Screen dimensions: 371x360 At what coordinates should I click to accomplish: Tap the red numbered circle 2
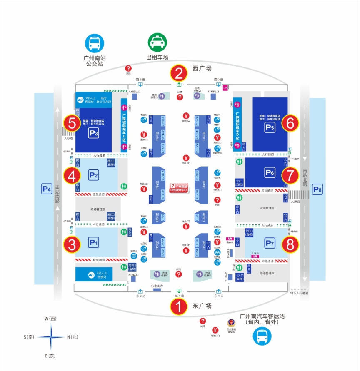pyautogui.click(x=179, y=74)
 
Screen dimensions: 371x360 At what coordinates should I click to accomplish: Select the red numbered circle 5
pyautogui.click(x=72, y=123)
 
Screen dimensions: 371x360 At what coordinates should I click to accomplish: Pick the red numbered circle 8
pyautogui.click(x=290, y=244)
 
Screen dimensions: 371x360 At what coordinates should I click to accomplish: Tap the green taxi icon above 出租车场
pyautogui.click(x=157, y=42)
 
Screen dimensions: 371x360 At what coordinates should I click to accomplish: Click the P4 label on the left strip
pyautogui.click(x=46, y=189)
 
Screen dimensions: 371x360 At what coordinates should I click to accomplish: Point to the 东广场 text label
pyautogui.click(x=202, y=306)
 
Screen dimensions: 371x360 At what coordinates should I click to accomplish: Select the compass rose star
pyautogui.click(x=51, y=337)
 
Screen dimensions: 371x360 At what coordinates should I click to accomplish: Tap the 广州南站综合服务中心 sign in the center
pyautogui.click(x=180, y=188)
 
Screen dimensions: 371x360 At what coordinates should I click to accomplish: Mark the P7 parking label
pyautogui.click(x=270, y=243)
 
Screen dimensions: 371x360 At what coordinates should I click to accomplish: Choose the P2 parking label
pyautogui.click(x=93, y=175)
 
